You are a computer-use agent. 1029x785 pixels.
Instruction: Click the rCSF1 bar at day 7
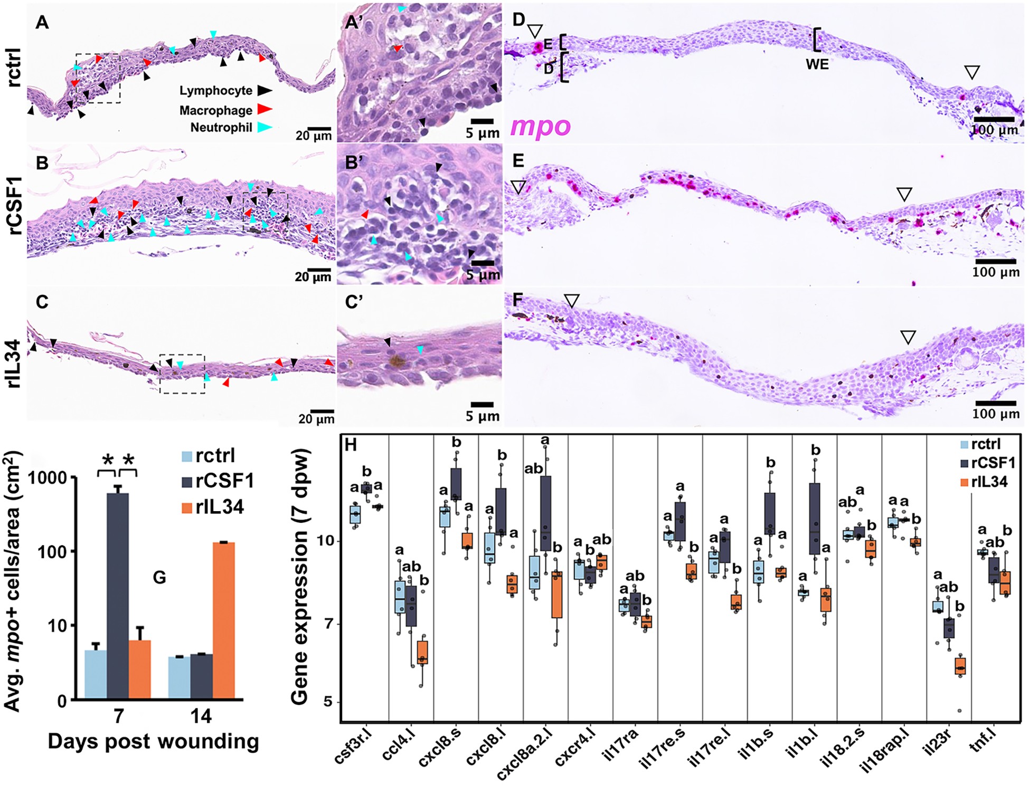(118, 596)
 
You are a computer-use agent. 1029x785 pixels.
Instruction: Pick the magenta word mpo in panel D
(541, 126)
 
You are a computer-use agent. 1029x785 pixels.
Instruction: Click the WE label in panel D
(817, 64)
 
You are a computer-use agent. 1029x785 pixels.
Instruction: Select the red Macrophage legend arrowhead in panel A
(265, 109)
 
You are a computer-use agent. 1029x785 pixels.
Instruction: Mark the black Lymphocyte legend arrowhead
(265, 90)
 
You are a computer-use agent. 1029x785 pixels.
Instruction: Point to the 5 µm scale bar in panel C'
(482, 405)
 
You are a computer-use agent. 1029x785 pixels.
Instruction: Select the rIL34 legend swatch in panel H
(964, 482)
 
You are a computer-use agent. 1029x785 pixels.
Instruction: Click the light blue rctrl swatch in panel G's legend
(186, 456)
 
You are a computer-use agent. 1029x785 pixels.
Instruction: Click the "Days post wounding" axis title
(153, 742)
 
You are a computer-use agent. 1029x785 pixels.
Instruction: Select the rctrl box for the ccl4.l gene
(400, 597)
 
